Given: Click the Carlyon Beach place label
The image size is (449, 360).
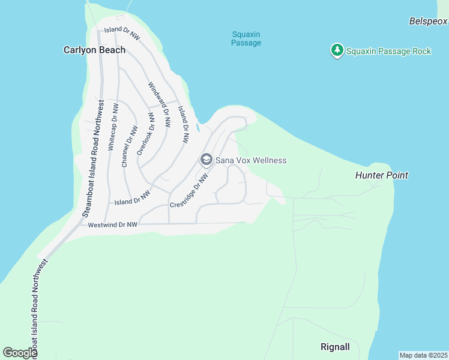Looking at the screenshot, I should point(95,50).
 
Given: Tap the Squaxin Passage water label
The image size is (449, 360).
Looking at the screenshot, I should point(246,38).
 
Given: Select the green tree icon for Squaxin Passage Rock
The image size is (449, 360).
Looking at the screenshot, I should point(337,50).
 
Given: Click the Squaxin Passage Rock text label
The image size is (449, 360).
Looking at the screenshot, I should point(388,51).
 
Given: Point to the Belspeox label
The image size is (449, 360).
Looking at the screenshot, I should point(429,22).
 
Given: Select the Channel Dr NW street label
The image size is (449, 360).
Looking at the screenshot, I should point(129,146).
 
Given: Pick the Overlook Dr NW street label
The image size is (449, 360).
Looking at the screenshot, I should point(146,134).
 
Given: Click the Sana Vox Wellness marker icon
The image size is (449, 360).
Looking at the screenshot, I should point(206,160).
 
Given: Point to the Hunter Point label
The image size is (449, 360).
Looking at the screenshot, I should point(382,175).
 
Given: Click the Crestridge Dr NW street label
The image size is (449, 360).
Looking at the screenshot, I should point(191,191).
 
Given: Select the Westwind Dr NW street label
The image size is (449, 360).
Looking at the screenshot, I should point(113,225).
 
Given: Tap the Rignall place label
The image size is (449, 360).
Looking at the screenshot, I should point(335,347).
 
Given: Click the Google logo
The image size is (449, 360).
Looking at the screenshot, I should point(20,353).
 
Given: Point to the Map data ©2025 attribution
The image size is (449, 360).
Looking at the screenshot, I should point(423,355).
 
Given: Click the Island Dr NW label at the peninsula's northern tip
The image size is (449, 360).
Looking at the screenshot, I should point(122,33).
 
